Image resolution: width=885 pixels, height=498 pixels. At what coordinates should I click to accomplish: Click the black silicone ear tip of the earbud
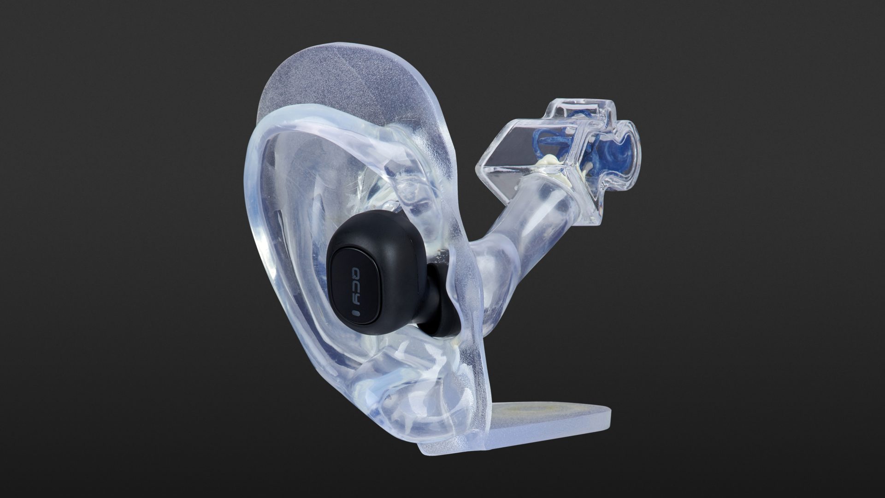(x=442, y=314)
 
